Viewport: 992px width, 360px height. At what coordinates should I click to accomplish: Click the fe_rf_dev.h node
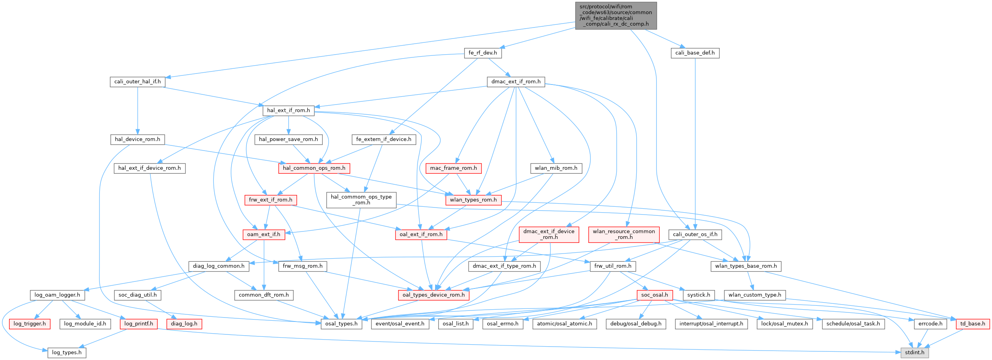point(483,53)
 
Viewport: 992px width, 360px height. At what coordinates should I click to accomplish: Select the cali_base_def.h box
point(695,53)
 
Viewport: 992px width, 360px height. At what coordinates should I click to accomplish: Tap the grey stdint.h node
point(915,352)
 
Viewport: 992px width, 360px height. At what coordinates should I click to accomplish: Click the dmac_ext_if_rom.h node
point(516,82)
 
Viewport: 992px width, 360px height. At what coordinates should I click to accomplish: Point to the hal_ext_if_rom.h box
point(288,110)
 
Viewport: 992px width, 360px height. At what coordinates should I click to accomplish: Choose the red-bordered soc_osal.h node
point(654,295)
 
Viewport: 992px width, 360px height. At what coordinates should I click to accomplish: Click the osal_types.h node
point(342,324)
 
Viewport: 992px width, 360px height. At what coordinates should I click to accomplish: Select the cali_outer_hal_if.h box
point(138,82)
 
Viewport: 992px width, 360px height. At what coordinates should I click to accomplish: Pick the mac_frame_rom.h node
point(453,168)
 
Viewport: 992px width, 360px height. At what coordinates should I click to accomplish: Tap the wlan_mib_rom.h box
point(556,168)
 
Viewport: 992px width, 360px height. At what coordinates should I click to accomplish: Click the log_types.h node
point(67,352)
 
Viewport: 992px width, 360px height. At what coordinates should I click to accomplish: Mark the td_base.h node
point(973,324)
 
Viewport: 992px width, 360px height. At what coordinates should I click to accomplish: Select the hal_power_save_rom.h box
point(288,139)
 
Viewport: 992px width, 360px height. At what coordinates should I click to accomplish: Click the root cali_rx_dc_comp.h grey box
point(615,15)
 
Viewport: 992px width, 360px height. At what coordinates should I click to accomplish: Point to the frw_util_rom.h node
point(613,266)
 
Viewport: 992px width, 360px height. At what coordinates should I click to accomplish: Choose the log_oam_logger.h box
point(57,295)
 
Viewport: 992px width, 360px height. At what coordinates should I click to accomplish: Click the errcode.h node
point(930,324)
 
